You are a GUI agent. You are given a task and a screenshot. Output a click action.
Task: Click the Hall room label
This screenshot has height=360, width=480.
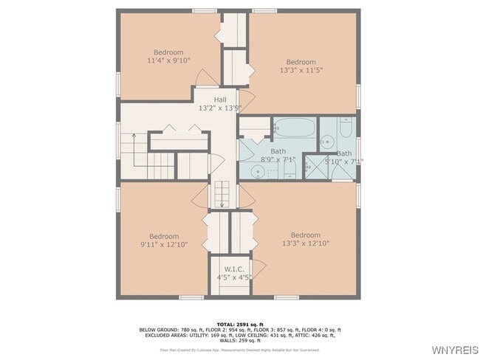coord(220,100)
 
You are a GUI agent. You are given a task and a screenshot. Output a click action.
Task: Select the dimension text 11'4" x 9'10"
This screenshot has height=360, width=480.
coord(168,60)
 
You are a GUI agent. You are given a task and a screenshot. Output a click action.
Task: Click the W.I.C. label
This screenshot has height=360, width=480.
coord(234,269)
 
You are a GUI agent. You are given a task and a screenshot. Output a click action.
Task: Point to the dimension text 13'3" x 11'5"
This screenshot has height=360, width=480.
coord(301,70)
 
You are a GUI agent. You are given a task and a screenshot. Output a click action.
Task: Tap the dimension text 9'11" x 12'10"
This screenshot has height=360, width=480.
coord(164,244)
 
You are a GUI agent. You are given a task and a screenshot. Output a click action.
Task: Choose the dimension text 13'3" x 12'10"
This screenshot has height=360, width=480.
coord(305,243)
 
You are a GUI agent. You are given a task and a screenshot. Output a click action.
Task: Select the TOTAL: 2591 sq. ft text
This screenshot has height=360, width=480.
coord(239,324)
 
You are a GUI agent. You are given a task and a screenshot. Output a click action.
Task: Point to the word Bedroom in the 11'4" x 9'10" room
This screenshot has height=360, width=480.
coord(168,52)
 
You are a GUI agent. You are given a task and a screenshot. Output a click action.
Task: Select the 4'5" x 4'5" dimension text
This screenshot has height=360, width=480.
coord(234,277)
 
